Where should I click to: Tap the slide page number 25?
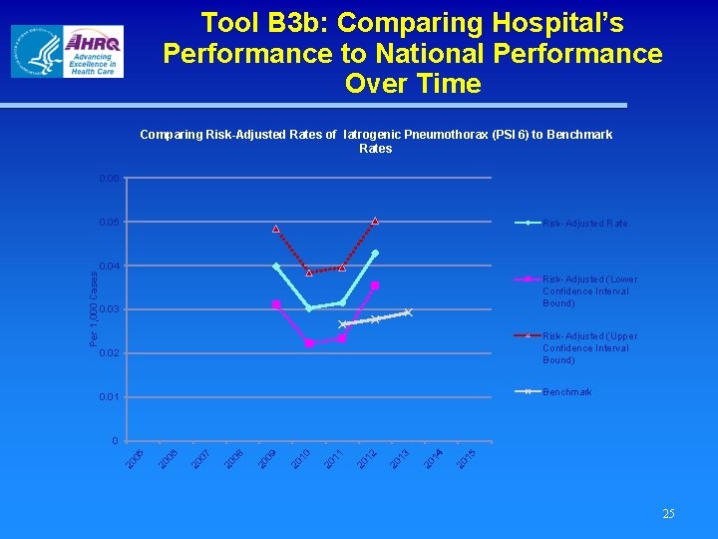coord(668,513)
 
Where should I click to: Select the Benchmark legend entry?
coord(566,392)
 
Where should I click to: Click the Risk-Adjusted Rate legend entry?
coord(584,223)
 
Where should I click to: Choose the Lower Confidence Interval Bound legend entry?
coord(589,290)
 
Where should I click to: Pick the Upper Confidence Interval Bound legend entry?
coord(589,348)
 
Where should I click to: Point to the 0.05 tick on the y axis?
coord(109,222)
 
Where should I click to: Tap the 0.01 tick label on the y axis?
coord(109,397)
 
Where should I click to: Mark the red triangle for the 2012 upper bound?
coord(375,220)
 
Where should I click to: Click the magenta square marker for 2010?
coord(309,343)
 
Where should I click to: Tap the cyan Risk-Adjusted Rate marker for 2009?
coord(276,266)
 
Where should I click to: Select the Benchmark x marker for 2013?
coord(408,312)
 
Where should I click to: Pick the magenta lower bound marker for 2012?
coord(375,285)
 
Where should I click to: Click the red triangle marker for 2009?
coord(276,229)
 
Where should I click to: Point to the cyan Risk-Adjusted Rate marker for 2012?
coord(375,253)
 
